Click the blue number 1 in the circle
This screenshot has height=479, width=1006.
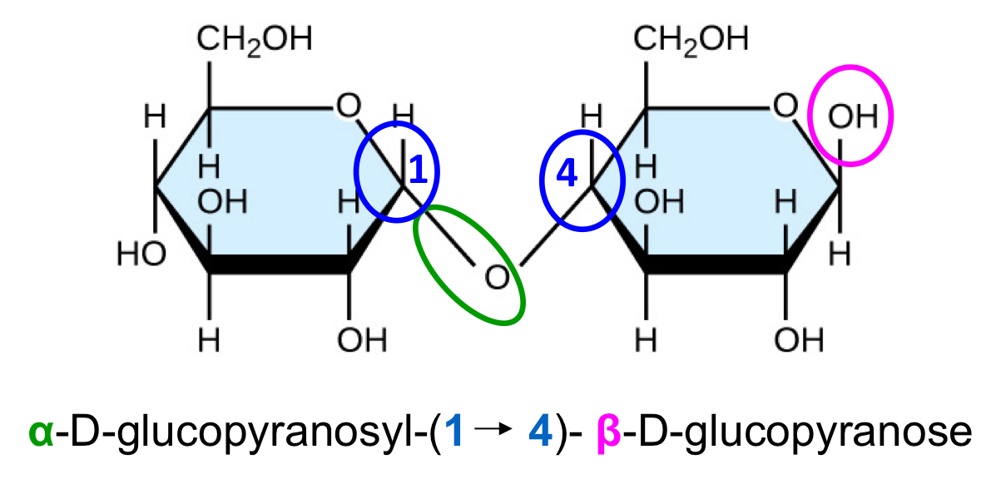(x=419, y=170)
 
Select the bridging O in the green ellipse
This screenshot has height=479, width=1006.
(x=496, y=276)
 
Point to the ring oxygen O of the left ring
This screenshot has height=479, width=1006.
(x=349, y=105)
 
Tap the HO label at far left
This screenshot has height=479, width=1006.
(x=141, y=254)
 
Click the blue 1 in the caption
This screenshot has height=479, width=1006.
(x=453, y=432)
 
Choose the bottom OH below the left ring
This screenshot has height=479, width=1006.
(x=363, y=339)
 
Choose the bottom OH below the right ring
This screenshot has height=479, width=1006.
(x=798, y=339)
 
